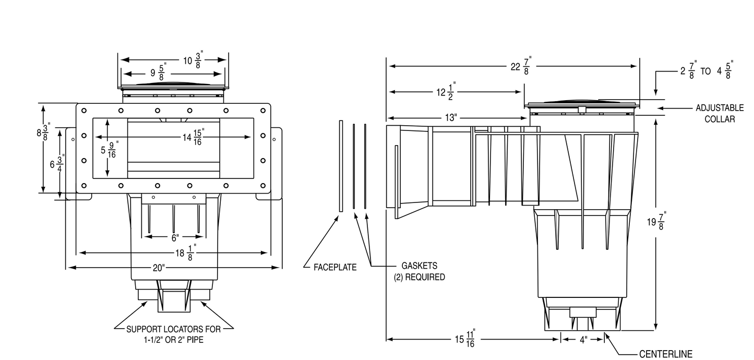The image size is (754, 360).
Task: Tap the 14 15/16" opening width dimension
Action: click(194, 137)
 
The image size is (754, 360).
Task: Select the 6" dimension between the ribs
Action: click(175, 238)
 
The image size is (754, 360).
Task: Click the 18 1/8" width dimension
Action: click(186, 253)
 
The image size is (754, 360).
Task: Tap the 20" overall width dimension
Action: click(159, 268)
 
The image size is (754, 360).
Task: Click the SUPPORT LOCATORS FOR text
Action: click(173, 329)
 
